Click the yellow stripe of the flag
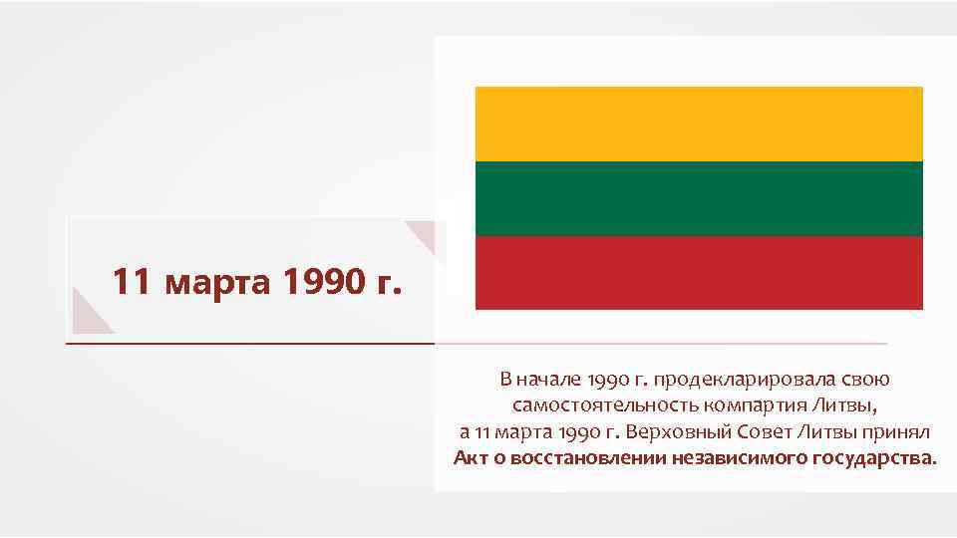pos(699,124)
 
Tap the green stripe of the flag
pos(699,198)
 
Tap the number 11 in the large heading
pos(132,282)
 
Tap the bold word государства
pos(875,459)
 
